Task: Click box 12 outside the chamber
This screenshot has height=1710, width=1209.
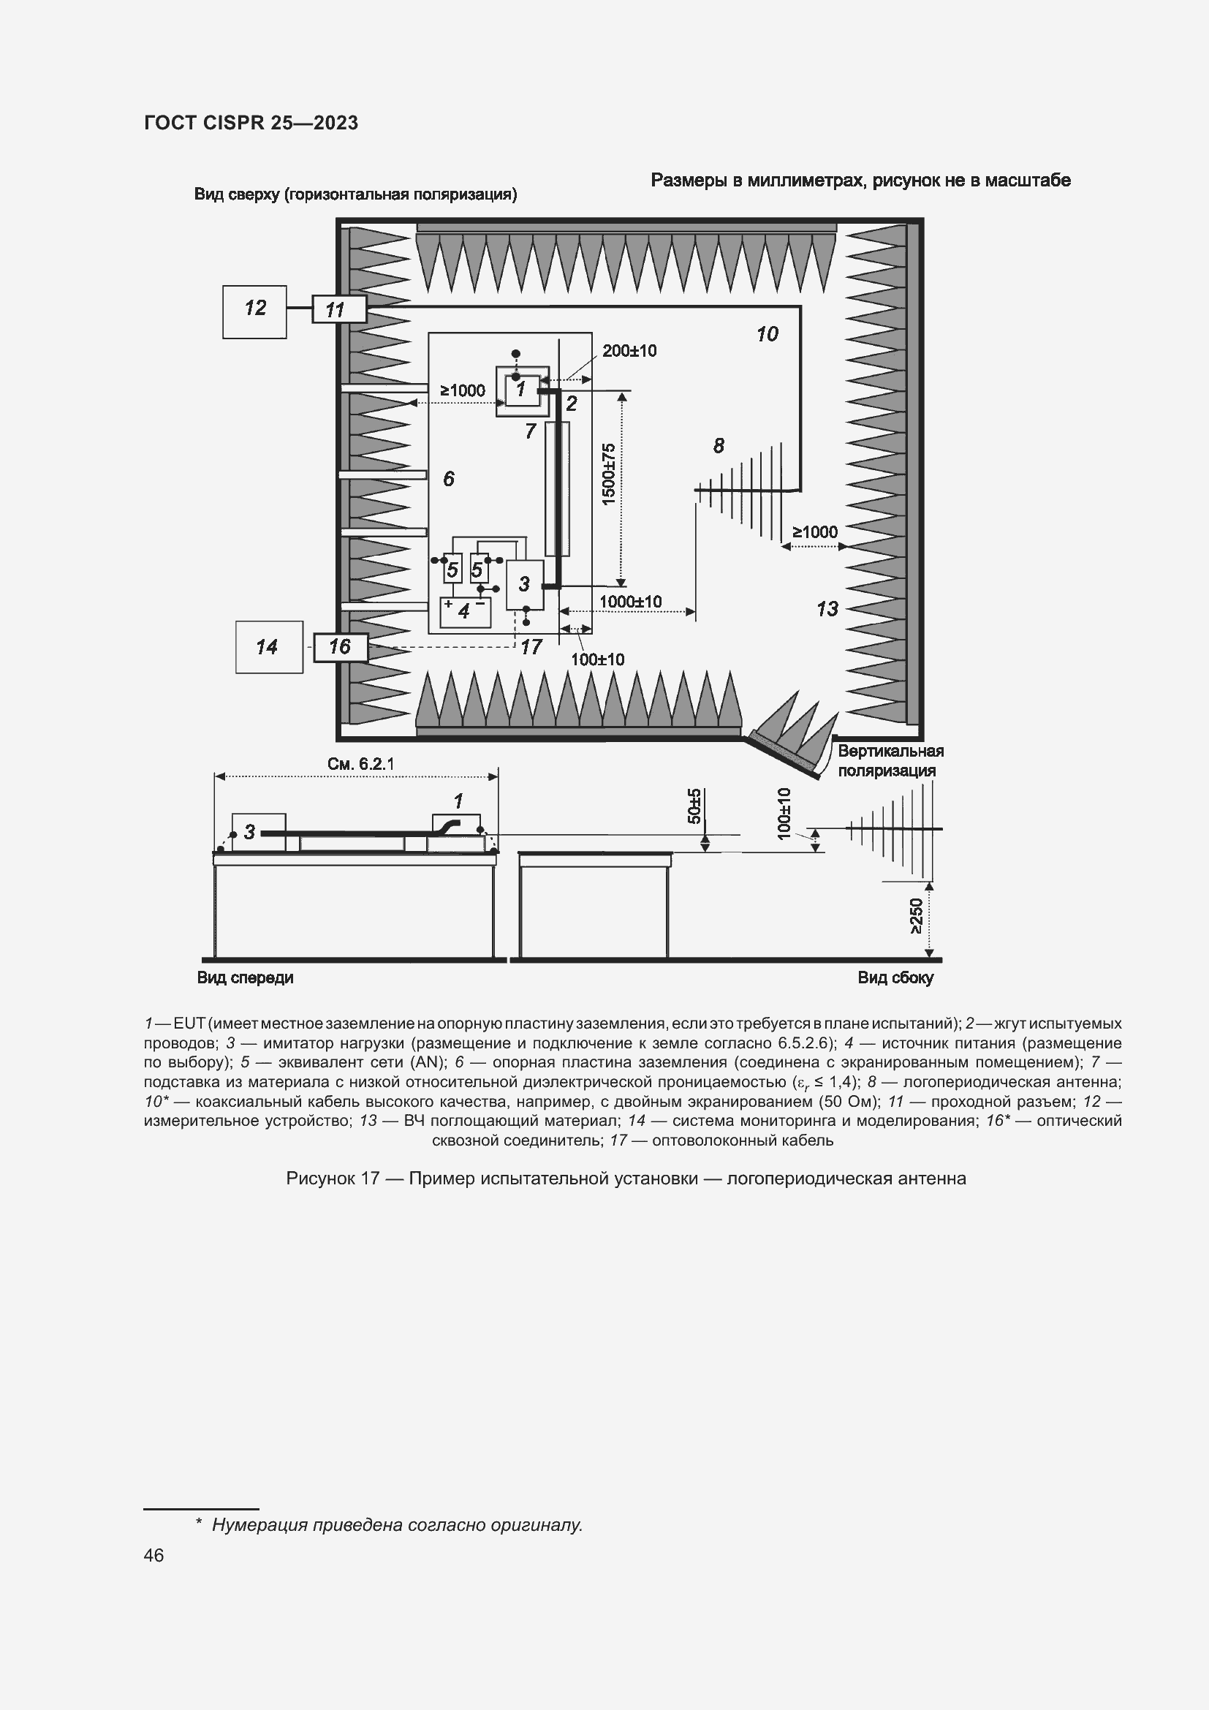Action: pyautogui.click(x=254, y=311)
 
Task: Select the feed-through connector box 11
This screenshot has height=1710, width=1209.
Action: pyautogui.click(x=338, y=309)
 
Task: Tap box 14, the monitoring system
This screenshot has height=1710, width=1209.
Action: pyautogui.click(x=269, y=646)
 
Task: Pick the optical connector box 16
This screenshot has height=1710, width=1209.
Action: pyautogui.click(x=340, y=646)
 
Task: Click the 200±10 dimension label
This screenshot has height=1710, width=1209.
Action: pyautogui.click(x=629, y=351)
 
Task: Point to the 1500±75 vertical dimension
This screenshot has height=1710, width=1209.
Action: pyautogui.click(x=609, y=474)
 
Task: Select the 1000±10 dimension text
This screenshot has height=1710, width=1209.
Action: pyautogui.click(x=630, y=601)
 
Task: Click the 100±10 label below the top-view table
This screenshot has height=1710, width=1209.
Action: pyautogui.click(x=597, y=659)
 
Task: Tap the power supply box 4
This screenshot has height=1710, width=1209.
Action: pyautogui.click(x=466, y=611)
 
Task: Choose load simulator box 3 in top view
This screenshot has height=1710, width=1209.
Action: pyautogui.click(x=524, y=585)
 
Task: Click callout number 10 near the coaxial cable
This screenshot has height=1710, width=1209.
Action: pyautogui.click(x=767, y=334)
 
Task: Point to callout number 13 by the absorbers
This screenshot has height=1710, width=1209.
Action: pyautogui.click(x=827, y=608)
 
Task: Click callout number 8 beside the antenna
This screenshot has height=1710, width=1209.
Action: pyautogui.click(x=719, y=445)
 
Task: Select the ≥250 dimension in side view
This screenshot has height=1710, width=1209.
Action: pyautogui.click(x=916, y=916)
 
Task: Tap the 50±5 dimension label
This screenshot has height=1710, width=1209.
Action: pyautogui.click(x=694, y=806)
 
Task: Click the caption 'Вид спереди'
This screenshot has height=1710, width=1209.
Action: pyautogui.click(x=245, y=978)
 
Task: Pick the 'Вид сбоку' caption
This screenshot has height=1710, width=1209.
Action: pyautogui.click(x=895, y=978)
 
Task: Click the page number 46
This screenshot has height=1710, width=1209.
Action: pyautogui.click(x=154, y=1555)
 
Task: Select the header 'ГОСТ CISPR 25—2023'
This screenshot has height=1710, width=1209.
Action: pyautogui.click(x=251, y=123)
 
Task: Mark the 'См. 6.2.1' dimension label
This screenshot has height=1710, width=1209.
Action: pyautogui.click(x=360, y=764)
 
